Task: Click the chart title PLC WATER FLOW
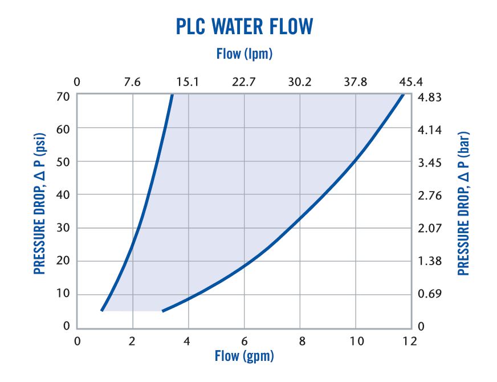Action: [244, 27]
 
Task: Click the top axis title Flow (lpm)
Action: [244, 54]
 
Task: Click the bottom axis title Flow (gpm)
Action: [244, 356]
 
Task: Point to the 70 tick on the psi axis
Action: [63, 96]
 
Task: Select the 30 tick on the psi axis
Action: [63, 227]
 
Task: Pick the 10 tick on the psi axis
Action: [63, 294]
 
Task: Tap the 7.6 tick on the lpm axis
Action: [132, 82]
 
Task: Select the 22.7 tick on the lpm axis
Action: [244, 82]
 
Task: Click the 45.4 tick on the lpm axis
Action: [410, 82]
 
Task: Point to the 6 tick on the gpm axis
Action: [244, 342]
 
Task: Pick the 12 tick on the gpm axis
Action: [409, 342]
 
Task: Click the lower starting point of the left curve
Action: [102, 310]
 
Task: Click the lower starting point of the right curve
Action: [163, 311]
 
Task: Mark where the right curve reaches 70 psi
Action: [403, 95]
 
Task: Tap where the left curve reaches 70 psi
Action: [172, 95]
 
